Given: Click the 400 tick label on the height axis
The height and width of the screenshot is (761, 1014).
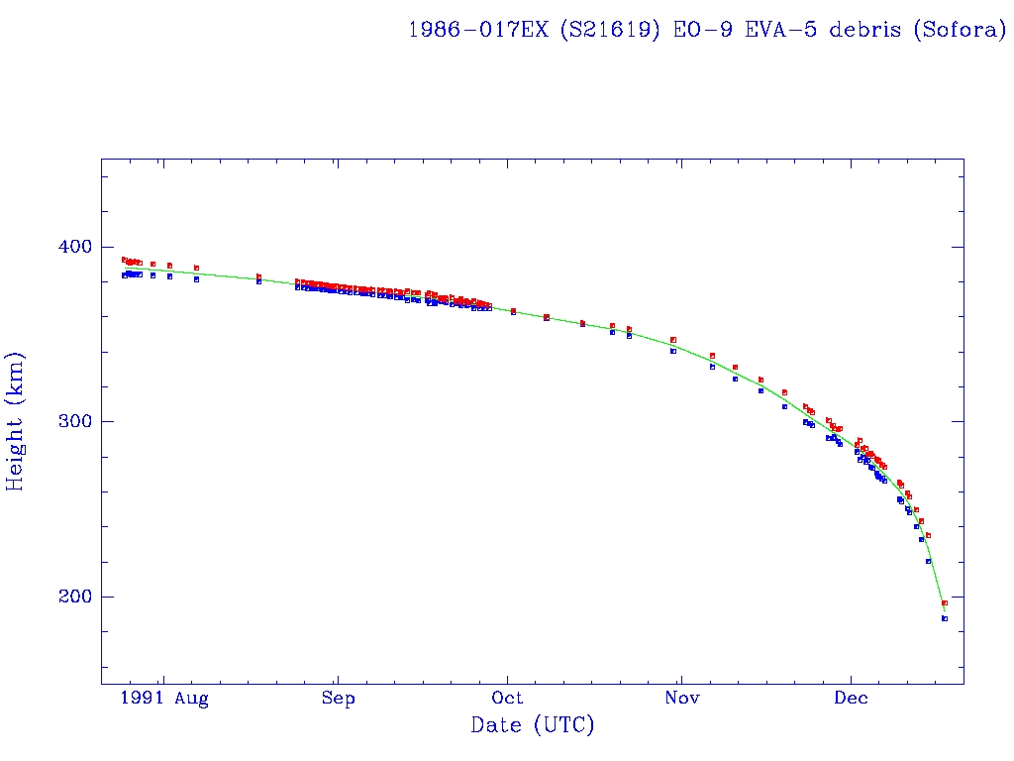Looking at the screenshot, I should (x=73, y=247).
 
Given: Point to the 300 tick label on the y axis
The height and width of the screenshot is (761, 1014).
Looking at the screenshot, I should (x=73, y=422).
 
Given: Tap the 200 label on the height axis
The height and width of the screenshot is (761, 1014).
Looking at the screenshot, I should (x=73, y=598).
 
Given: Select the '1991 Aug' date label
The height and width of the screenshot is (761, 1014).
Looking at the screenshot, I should (x=164, y=699).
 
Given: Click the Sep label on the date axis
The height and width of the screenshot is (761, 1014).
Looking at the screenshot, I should (x=338, y=699).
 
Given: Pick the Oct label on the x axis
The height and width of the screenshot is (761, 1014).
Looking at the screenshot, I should (x=508, y=699).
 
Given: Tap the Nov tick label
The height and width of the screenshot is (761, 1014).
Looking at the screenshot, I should (x=682, y=699).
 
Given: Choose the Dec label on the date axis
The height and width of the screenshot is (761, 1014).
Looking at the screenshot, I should (x=852, y=699).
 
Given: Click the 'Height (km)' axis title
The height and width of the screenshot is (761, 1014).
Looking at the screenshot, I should (x=16, y=421).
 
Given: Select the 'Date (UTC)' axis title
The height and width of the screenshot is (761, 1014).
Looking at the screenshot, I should (x=533, y=726).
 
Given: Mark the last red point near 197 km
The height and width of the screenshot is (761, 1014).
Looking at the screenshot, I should (x=945, y=602).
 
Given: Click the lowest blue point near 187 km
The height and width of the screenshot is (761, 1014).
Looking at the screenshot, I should (x=945, y=618).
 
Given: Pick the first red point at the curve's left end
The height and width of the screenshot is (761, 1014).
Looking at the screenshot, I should (x=124, y=260).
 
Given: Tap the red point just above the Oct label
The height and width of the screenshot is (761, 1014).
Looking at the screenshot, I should (x=513, y=311).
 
